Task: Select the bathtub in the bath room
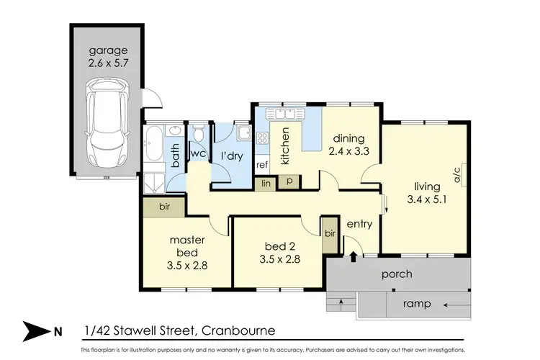click(155, 152)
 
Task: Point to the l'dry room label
click(232, 156)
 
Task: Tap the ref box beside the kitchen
click(263, 165)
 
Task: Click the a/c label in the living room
click(456, 174)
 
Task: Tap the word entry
click(359, 224)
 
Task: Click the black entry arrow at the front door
click(353, 255)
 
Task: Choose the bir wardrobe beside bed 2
click(330, 234)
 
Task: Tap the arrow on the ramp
click(454, 305)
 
